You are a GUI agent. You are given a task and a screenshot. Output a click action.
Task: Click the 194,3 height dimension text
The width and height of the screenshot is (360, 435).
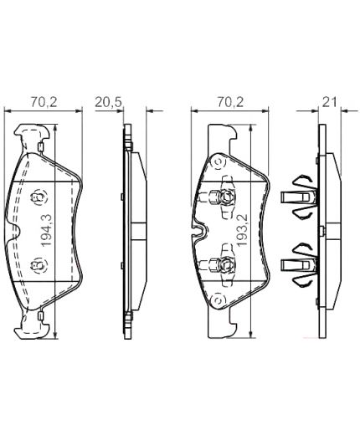click(46, 230)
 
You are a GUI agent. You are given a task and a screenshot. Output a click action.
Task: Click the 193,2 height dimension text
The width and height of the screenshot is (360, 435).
click(242, 230)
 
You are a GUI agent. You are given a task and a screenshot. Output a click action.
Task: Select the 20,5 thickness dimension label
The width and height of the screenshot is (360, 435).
click(109, 102)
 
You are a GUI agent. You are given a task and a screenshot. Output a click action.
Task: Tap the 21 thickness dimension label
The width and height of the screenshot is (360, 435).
click(330, 102)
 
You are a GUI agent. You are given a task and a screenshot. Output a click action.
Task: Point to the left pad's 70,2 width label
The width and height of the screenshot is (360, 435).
click(44, 102)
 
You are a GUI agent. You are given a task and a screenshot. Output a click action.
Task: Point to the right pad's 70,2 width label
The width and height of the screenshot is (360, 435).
click(230, 102)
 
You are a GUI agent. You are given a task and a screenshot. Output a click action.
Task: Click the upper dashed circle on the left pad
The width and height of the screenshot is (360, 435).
click(39, 197)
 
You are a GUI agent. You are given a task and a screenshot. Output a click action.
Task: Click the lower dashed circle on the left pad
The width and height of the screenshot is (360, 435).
click(39, 265)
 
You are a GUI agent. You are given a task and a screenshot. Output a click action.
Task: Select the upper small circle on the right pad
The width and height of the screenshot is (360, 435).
click(219, 162)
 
